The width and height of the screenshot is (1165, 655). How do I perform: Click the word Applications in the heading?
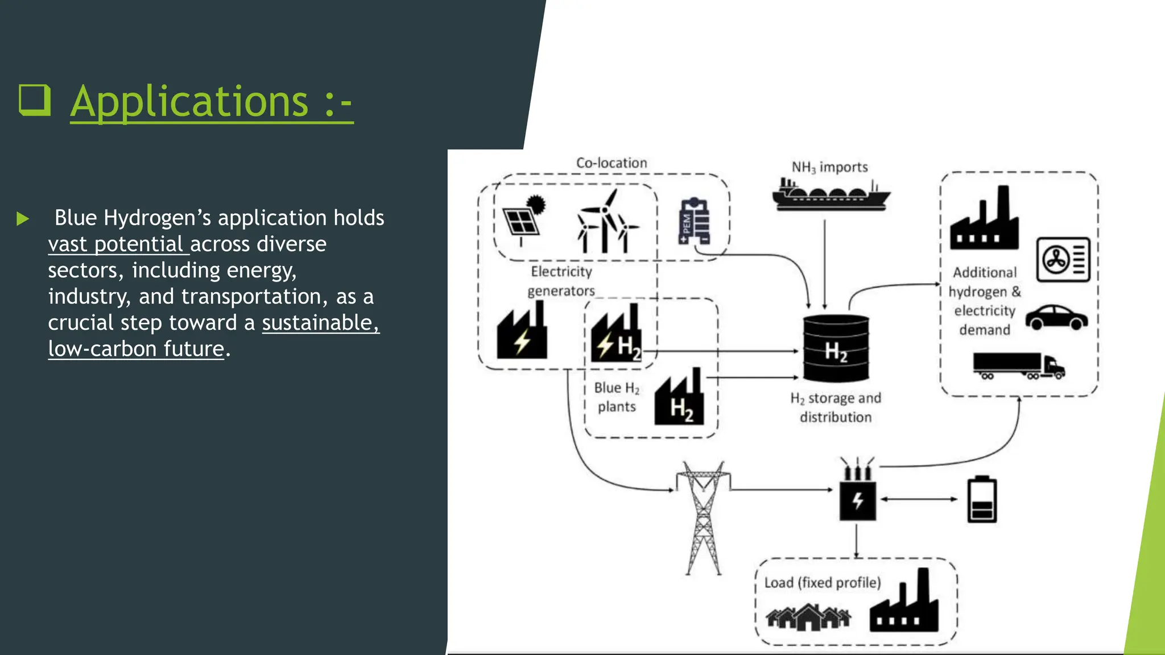coord(189,102)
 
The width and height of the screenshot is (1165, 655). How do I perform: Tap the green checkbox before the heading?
coord(34,100)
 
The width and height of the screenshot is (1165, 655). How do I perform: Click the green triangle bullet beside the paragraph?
coord(23,218)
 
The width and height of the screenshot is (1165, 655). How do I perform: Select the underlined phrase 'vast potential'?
coord(115,244)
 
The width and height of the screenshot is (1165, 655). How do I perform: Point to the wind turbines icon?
coord(606,223)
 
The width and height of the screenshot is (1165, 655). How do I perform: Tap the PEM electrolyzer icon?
coord(694,221)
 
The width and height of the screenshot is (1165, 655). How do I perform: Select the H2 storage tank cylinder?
coord(836,348)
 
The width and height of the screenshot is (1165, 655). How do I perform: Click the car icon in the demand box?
coord(1056,317)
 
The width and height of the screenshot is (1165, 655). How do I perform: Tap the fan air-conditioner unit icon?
coord(1063,260)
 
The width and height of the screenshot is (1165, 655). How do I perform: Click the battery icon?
coord(982,499)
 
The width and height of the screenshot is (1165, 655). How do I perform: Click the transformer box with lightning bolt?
coord(857,499)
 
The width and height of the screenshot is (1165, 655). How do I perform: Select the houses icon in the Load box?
coord(808,617)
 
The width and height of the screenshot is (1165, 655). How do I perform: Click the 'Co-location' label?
coord(612,163)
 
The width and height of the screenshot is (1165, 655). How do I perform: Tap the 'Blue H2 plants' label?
coord(617,397)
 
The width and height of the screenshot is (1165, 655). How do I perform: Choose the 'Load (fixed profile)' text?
coord(822,583)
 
